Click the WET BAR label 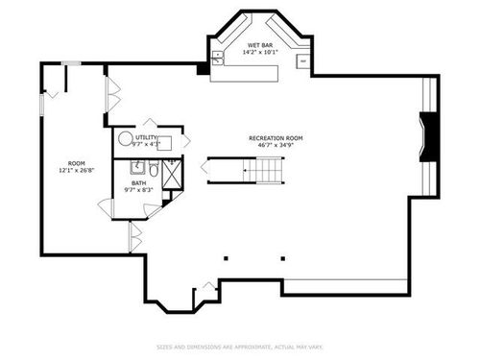click(x=261, y=45)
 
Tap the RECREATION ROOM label click(x=276, y=138)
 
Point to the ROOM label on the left click(x=77, y=163)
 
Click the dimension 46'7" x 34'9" click(x=276, y=146)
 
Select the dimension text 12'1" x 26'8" click(x=77, y=171)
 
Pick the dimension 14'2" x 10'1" click(x=261, y=53)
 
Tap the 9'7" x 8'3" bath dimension click(x=139, y=189)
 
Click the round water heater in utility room click(x=126, y=138)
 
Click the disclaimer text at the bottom click(x=240, y=347)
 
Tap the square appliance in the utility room click(x=164, y=143)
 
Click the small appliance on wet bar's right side click(x=303, y=62)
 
